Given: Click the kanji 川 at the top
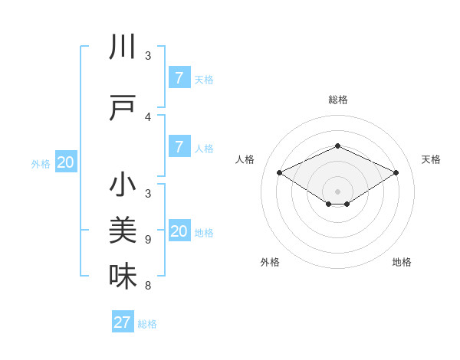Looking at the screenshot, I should click(x=123, y=47).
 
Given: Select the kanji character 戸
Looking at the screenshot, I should click(x=123, y=109).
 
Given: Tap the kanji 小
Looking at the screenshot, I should click(x=123, y=185).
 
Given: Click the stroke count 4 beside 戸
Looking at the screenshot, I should click(x=148, y=117).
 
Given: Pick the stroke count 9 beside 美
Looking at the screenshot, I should click(x=148, y=240).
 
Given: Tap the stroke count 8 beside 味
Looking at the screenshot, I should click(x=148, y=286).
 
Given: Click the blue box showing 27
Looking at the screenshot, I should click(x=123, y=322).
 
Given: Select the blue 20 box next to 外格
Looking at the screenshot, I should click(x=65, y=162).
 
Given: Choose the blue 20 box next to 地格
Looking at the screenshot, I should click(x=179, y=231).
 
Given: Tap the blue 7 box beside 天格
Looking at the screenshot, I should click(x=179, y=78).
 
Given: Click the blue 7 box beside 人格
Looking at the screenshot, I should click(x=179, y=147).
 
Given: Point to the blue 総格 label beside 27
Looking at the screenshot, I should click(x=147, y=324).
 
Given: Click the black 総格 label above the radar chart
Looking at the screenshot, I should click(x=337, y=100).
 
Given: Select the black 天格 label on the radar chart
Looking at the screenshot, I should click(x=431, y=159).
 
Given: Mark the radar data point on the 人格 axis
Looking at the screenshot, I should click(x=280, y=173).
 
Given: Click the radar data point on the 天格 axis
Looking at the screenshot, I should click(x=396, y=173).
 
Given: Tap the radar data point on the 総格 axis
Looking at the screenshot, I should click(x=337, y=146).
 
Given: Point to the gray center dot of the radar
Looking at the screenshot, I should click(x=337, y=191).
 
